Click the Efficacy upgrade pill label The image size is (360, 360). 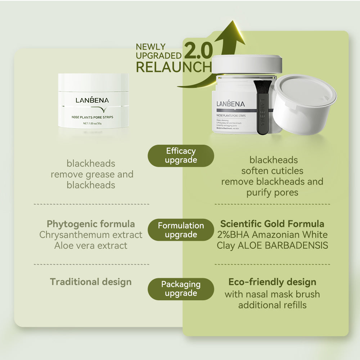(181, 156)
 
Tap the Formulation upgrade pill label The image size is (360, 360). (181, 230)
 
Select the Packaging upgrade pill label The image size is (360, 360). (181, 289)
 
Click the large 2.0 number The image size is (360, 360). (198, 51)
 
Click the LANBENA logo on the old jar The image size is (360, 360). (92, 100)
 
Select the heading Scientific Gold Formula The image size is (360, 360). (272, 224)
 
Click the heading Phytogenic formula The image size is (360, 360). (91, 224)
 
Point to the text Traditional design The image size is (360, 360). (91, 282)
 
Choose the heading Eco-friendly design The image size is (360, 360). (272, 282)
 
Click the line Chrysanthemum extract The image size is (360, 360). (91, 235)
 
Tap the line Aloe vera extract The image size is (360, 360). (91, 246)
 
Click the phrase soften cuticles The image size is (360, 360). (272, 171)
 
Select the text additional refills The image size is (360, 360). (272, 305)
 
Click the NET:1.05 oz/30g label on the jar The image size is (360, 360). (93, 123)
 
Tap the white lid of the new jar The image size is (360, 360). (247, 64)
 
